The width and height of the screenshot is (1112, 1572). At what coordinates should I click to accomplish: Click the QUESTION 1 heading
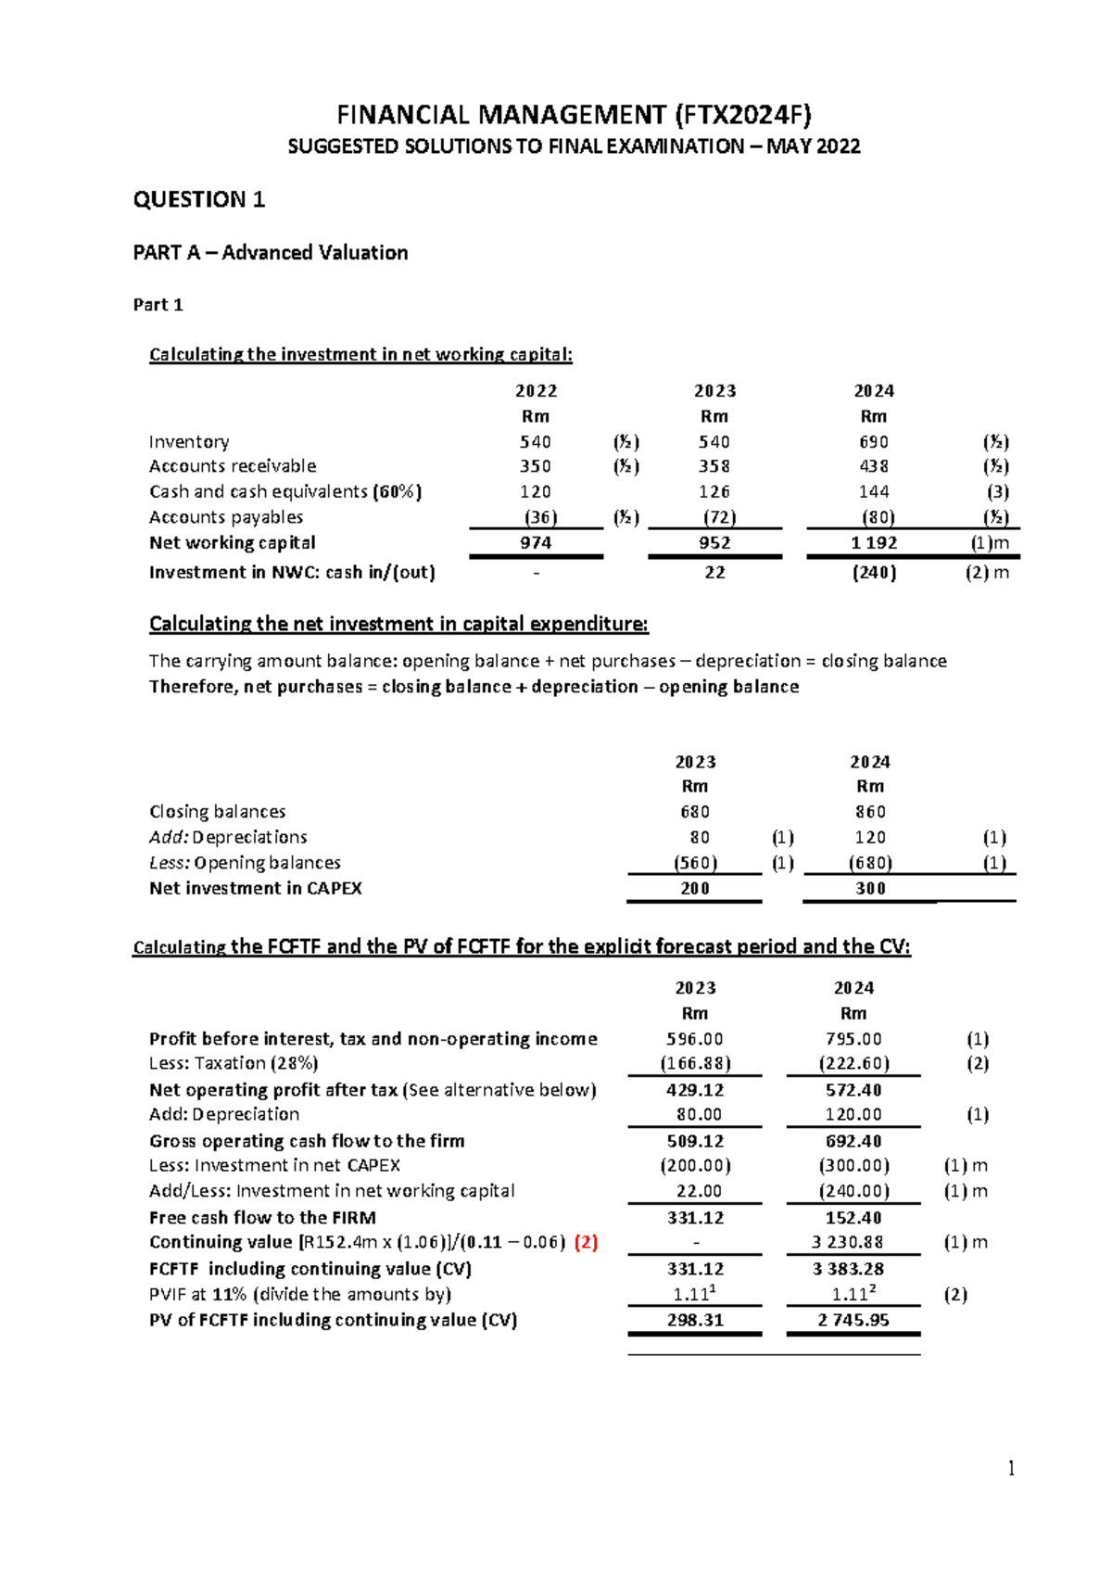tap(199, 200)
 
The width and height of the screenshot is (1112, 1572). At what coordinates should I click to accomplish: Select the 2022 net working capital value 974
tap(536, 543)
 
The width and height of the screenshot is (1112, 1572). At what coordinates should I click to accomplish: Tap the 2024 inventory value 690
tap(873, 442)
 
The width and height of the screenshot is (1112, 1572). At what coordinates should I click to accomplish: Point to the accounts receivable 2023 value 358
tap(714, 466)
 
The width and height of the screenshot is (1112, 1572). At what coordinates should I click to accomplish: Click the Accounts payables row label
tap(226, 517)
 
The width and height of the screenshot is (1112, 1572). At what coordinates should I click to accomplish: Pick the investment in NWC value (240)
tap(874, 573)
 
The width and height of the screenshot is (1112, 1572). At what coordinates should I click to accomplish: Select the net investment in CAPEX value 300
tap(870, 889)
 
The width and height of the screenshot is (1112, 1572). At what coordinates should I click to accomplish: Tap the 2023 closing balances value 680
tap(695, 812)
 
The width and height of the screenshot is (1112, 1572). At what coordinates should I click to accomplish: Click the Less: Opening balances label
tap(245, 863)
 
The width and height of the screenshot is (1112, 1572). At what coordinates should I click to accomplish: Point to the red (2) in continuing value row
tap(586, 1243)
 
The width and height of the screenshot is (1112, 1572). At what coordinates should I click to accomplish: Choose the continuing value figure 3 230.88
tap(853, 1243)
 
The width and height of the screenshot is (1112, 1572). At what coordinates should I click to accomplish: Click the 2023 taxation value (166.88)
tap(695, 1064)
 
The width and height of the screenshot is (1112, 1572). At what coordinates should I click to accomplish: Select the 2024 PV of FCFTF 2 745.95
tap(853, 1320)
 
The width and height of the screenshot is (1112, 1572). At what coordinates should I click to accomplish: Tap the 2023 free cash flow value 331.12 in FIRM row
tap(695, 1218)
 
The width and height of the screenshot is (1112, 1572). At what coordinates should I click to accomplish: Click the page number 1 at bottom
tap(1011, 1467)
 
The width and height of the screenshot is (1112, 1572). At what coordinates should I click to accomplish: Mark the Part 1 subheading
tap(158, 305)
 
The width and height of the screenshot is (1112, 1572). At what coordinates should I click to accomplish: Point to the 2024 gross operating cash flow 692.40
tap(853, 1142)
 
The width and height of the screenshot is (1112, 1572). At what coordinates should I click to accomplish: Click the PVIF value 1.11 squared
tap(853, 1294)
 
